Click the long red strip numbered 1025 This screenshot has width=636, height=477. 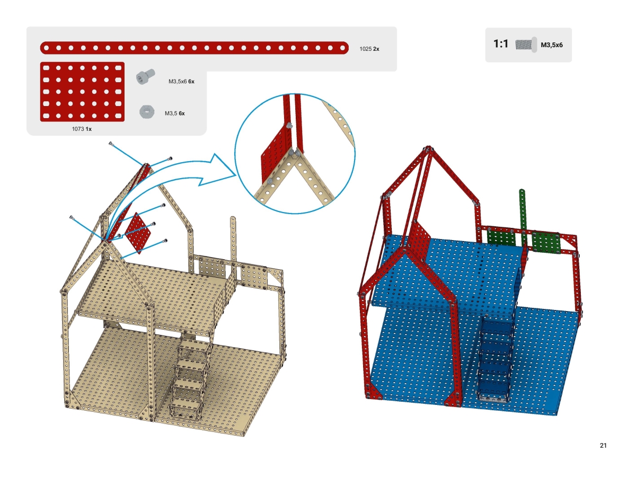click(x=194, y=48)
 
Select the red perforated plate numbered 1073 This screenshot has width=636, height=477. click(x=82, y=92)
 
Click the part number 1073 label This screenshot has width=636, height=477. click(x=78, y=129)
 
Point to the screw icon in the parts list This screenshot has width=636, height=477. click(x=144, y=77)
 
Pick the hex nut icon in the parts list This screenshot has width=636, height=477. click(x=146, y=112)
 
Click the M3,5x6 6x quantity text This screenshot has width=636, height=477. click(x=181, y=82)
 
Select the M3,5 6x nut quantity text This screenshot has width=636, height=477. click(x=175, y=113)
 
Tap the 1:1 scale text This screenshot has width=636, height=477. click(x=501, y=45)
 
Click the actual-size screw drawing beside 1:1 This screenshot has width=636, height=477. click(x=527, y=44)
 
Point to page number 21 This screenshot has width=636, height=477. click(x=603, y=445)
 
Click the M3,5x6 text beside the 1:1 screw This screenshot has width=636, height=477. click(x=551, y=46)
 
